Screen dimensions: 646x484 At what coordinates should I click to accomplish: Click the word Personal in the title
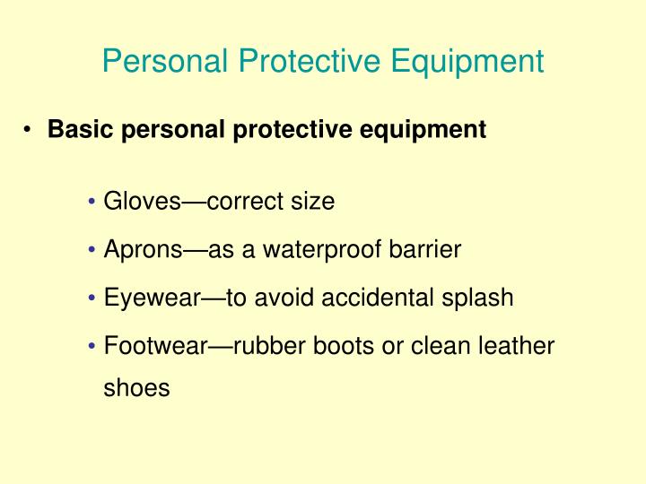pos(165,61)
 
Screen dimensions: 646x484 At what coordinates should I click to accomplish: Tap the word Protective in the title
pos(310,61)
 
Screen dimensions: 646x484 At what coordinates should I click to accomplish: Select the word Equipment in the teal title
pos(467,62)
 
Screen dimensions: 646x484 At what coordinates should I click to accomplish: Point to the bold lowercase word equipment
pos(423,131)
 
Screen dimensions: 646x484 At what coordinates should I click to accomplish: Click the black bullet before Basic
pos(27,130)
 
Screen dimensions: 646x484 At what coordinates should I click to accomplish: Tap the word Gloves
pos(142,201)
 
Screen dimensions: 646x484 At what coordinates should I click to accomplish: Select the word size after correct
pos(313,201)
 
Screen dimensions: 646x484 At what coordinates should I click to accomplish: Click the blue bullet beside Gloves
pos(92,202)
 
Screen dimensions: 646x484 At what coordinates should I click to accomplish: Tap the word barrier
pos(424,249)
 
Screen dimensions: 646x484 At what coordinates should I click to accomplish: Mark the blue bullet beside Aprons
pos(92,249)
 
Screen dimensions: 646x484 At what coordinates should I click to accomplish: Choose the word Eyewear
pos(153,298)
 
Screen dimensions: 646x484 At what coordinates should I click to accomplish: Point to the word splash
pos(477,298)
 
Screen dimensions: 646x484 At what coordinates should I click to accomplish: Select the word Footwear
pos(156,345)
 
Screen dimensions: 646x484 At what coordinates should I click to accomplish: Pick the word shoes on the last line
pos(136,388)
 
